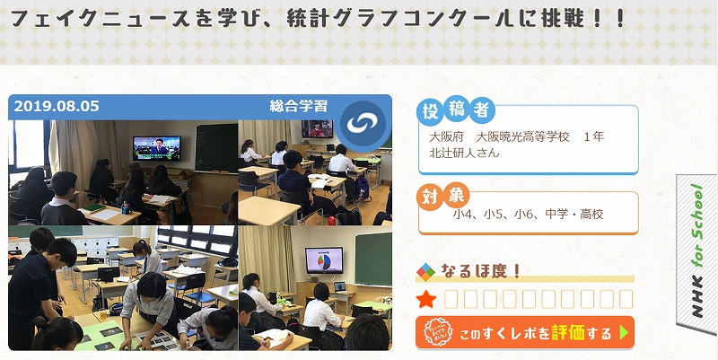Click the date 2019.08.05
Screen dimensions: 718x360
point(57,106)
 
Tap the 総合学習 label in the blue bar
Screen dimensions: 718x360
point(299,106)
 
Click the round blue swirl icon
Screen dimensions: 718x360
point(363,123)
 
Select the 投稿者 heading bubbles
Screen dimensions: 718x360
point(456,110)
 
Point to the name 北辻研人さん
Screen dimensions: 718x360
point(464,153)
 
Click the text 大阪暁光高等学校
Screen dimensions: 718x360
point(523,136)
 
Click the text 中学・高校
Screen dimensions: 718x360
point(574,214)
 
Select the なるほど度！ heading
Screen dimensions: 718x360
point(481,271)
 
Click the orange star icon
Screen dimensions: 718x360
point(426,300)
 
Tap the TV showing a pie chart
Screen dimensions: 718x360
point(324,259)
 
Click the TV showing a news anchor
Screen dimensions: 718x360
point(156,147)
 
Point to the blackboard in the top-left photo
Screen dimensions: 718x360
point(216,147)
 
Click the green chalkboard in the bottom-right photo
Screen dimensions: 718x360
point(373,259)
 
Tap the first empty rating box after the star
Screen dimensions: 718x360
point(451,300)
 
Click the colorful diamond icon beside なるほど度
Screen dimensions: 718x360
point(425,272)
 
